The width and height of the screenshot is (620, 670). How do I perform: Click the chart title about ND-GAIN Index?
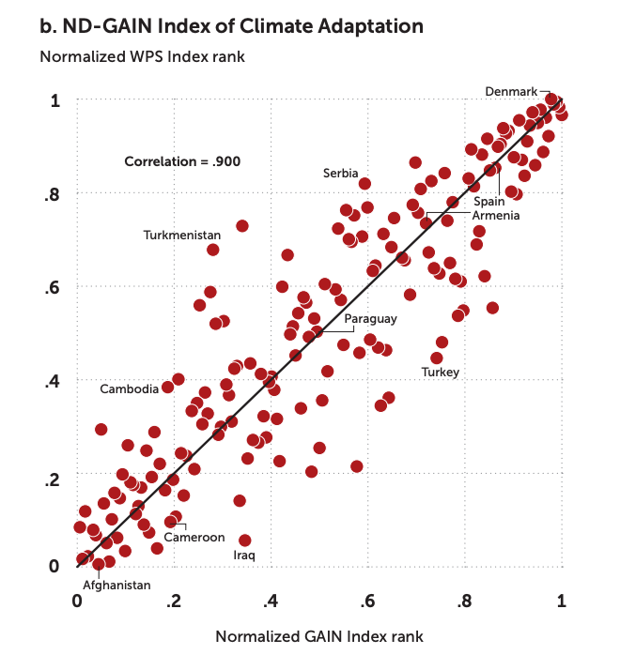click(x=231, y=25)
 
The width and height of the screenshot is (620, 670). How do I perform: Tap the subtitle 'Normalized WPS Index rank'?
click(x=142, y=56)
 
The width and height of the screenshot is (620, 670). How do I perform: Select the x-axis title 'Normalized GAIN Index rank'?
click(x=319, y=636)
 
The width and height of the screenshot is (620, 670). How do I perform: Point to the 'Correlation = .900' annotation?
click(x=182, y=161)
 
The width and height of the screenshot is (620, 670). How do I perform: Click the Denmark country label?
click(x=511, y=91)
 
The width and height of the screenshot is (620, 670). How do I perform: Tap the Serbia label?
click(x=340, y=174)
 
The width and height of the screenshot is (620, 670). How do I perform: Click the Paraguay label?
click(x=370, y=319)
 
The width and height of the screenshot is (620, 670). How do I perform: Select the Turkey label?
click(x=440, y=373)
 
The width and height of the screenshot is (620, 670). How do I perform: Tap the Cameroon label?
click(x=194, y=538)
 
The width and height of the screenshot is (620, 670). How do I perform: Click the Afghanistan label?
click(x=116, y=585)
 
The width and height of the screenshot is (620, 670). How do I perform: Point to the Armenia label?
click(x=497, y=216)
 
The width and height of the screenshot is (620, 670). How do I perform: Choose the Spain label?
click(x=488, y=201)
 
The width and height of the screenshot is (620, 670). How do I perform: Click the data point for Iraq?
click(x=245, y=541)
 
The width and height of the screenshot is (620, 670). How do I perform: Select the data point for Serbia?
click(x=364, y=184)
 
